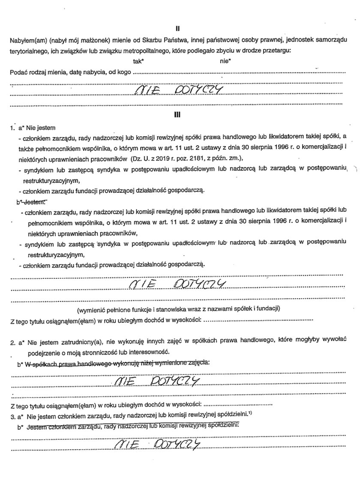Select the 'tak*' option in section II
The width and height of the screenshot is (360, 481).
coord(138,61)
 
